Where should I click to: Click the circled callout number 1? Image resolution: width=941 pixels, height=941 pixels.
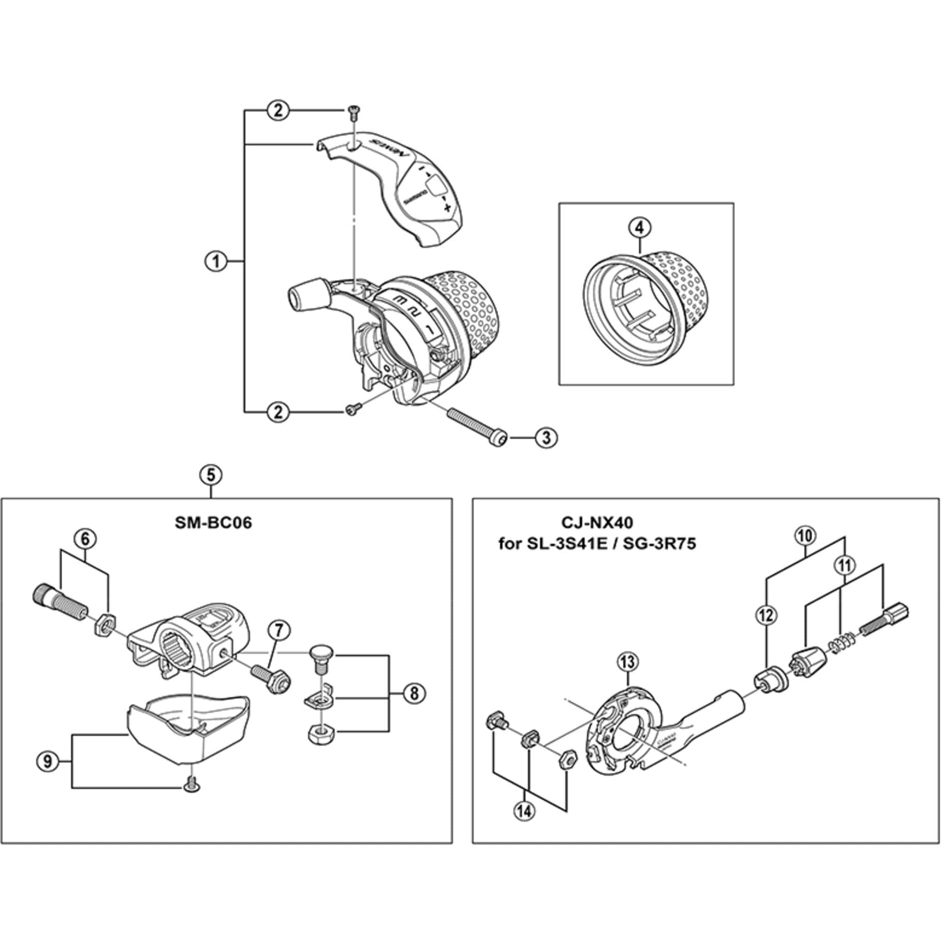215,262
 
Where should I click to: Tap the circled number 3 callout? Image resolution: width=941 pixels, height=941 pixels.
546,438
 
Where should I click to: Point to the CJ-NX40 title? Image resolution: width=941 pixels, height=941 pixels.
597,523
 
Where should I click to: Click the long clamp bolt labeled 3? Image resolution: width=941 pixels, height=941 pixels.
475,424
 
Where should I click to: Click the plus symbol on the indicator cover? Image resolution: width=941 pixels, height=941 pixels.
445,208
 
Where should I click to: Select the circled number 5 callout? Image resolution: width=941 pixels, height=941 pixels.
210,475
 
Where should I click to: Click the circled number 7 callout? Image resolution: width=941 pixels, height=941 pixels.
278,631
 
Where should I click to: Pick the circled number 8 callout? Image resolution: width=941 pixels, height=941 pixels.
414,693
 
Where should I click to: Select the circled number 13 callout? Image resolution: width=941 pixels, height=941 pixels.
627,662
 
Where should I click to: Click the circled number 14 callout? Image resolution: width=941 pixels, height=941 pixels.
525,812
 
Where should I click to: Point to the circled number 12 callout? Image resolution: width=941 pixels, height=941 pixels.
766,615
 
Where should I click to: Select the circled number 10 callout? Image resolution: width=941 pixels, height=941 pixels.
805,536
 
